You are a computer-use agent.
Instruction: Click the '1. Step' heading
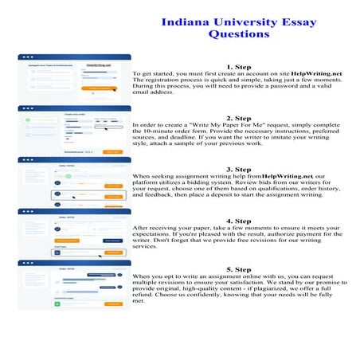(240, 67)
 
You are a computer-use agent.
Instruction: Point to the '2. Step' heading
(240, 117)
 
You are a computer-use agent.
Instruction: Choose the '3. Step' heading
(240, 169)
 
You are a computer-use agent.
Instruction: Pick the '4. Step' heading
(240, 220)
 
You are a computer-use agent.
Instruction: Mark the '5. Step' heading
(240, 270)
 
